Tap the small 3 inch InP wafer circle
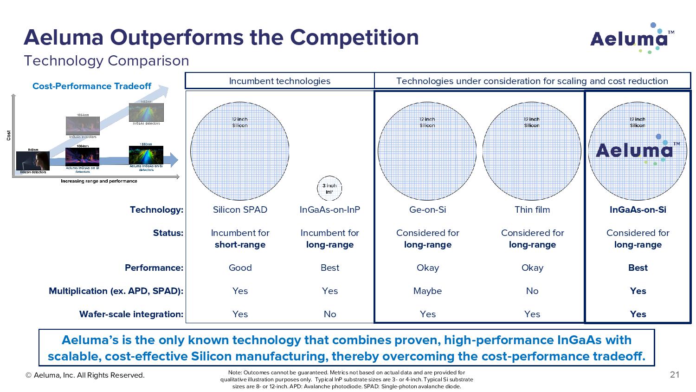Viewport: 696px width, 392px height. tap(329, 189)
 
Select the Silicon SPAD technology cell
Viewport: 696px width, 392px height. tap(240, 209)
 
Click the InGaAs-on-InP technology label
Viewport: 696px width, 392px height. tap(329, 209)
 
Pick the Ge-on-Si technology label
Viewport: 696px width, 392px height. tap(427, 209)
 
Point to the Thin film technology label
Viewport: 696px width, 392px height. tap(532, 209)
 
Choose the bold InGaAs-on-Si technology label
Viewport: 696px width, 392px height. tap(638, 209)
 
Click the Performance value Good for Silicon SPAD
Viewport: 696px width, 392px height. tap(240, 268)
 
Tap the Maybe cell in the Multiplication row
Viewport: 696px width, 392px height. tap(427, 291)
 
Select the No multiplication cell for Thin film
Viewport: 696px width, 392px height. tap(532, 291)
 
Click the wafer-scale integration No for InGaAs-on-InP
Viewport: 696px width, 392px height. tap(329, 314)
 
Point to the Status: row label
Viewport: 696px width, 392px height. tap(168, 233)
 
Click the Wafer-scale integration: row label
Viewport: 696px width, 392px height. tap(131, 314)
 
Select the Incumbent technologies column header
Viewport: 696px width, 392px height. tap(279, 81)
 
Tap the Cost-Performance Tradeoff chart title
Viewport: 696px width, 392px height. tap(92, 86)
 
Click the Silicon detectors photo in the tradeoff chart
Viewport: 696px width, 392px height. tap(33, 161)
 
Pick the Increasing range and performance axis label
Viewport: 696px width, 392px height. tap(99, 181)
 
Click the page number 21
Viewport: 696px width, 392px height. tap(674, 375)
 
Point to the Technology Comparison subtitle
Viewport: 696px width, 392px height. tap(106, 61)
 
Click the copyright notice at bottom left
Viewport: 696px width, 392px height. tap(85, 375)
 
